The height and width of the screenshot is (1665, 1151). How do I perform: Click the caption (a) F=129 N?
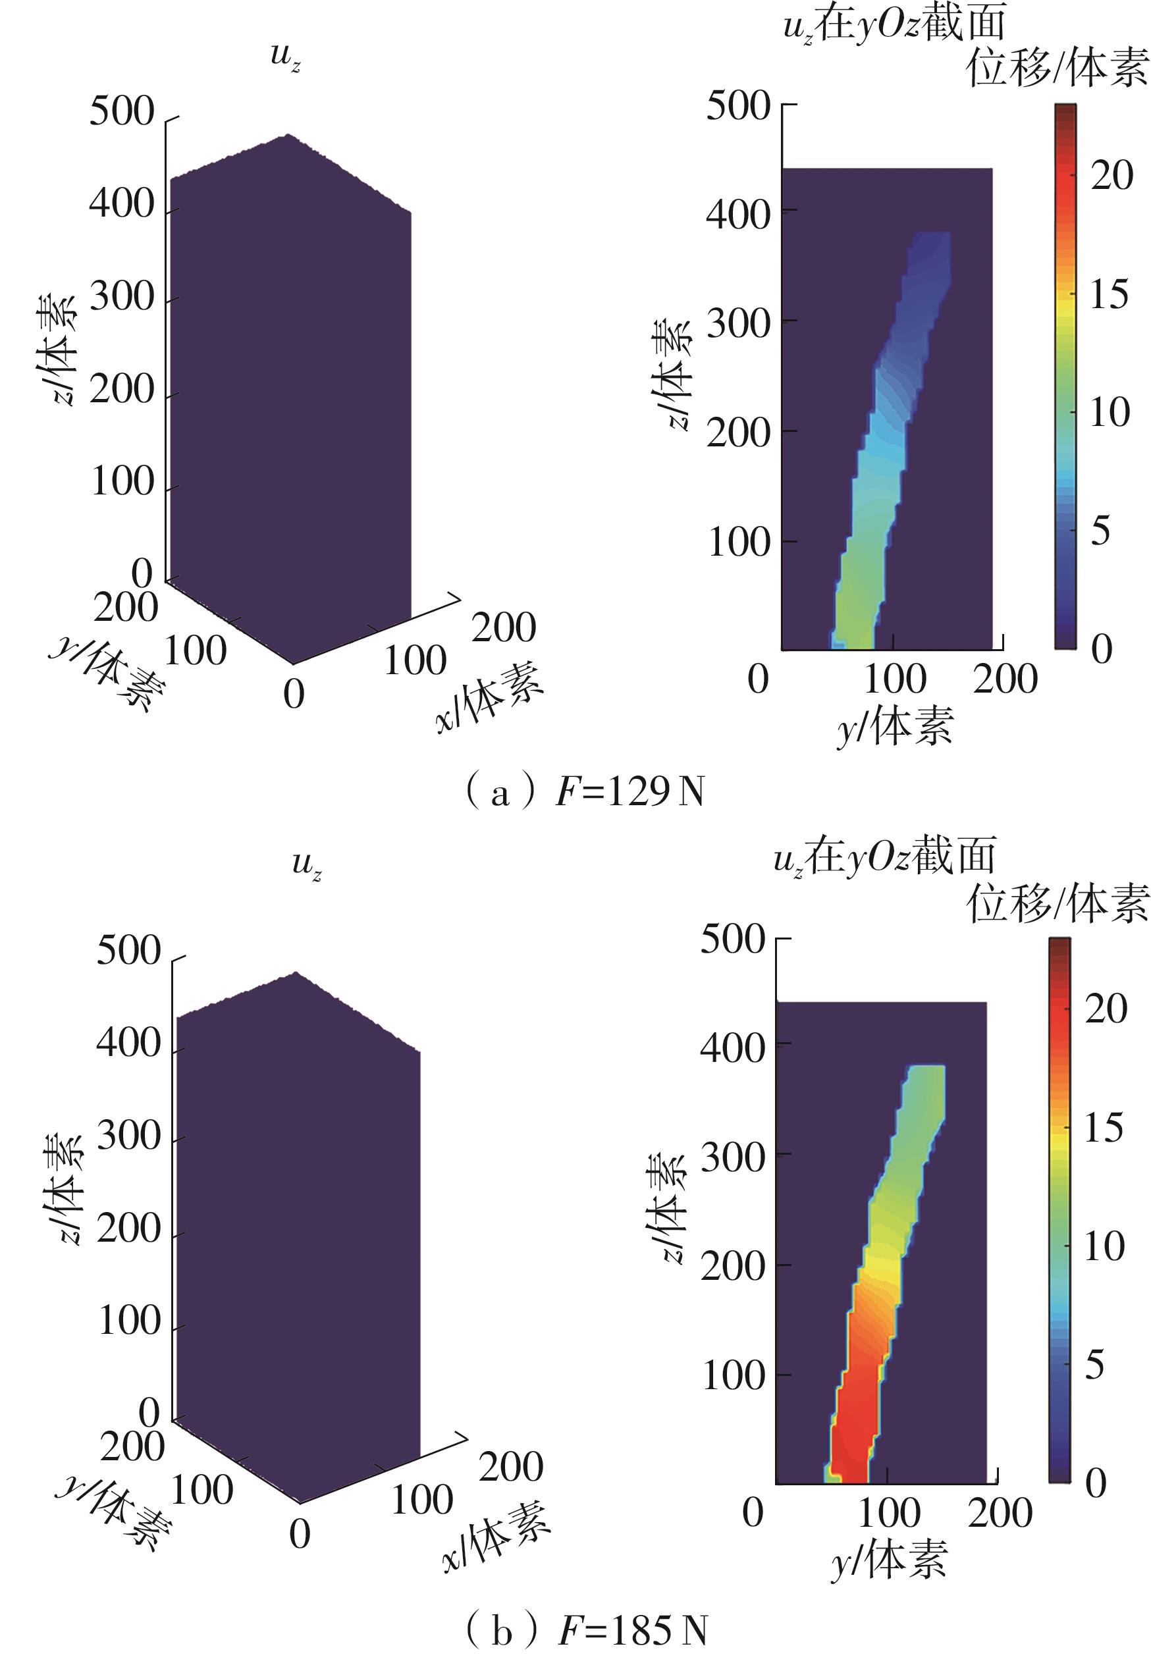click(584, 793)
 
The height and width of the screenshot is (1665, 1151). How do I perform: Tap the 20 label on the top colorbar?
click(1111, 175)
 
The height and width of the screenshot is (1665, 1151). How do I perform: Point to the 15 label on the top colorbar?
click(1109, 294)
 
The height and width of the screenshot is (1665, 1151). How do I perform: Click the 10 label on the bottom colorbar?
click(1104, 1247)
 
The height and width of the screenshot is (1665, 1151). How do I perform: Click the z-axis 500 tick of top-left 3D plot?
click(122, 113)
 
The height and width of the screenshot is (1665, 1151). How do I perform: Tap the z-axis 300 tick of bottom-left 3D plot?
click(128, 1137)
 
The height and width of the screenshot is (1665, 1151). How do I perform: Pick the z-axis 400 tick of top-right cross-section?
click(737, 213)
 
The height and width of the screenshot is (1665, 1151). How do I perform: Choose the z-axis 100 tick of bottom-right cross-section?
click(734, 1376)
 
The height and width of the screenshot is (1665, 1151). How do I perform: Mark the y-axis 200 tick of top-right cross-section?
click(1005, 679)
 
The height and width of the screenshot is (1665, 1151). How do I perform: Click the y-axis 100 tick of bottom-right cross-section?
click(889, 1513)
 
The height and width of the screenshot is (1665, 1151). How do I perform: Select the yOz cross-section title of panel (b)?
click(884, 857)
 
